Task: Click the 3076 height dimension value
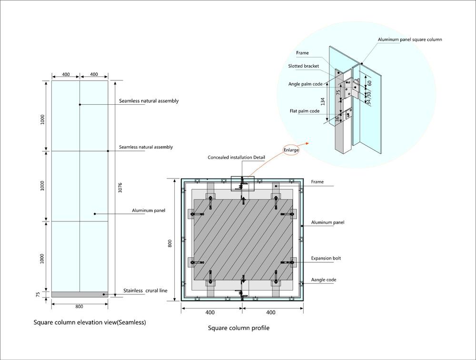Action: point(120,187)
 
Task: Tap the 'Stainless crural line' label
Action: point(145,290)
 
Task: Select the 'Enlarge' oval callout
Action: point(291,150)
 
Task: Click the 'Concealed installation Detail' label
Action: point(236,158)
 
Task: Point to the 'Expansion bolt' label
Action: point(326,258)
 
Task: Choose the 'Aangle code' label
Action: point(323,280)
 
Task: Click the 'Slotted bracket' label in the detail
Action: point(303,66)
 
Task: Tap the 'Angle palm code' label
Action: point(305,84)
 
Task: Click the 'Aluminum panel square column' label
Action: point(409,40)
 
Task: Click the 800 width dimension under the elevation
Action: point(79,307)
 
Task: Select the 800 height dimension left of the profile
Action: point(170,243)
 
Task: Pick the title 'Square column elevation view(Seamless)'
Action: point(89,322)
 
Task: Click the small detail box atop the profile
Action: point(242,183)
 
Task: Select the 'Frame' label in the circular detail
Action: point(302,53)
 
